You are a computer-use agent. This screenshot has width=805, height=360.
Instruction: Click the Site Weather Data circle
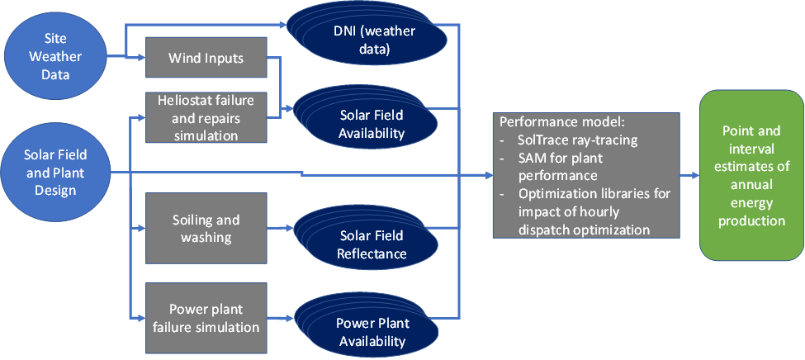[x=55, y=56]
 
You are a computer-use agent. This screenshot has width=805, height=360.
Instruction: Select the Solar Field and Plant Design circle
[x=55, y=173]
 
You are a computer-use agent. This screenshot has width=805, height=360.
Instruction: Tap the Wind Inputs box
[x=206, y=58]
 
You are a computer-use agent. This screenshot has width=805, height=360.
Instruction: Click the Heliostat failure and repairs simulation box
[x=206, y=117]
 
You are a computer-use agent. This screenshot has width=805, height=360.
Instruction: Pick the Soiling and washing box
[x=206, y=229]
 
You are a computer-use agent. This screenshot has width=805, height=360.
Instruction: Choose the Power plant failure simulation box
[x=206, y=319]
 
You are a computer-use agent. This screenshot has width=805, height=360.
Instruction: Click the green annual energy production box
[x=752, y=175]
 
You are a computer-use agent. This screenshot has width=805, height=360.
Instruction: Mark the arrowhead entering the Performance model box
[x=488, y=176]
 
